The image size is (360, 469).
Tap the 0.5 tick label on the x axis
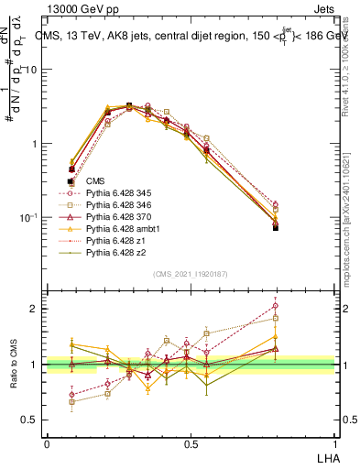[191, 443]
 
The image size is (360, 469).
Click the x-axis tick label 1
[335, 443]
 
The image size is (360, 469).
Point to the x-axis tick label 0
[47, 443]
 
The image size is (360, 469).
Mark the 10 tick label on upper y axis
[32, 71]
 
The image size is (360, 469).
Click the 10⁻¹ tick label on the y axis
[29, 217]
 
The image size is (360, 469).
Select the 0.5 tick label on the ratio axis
[32, 420]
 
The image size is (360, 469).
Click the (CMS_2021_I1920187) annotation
[191, 274]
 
